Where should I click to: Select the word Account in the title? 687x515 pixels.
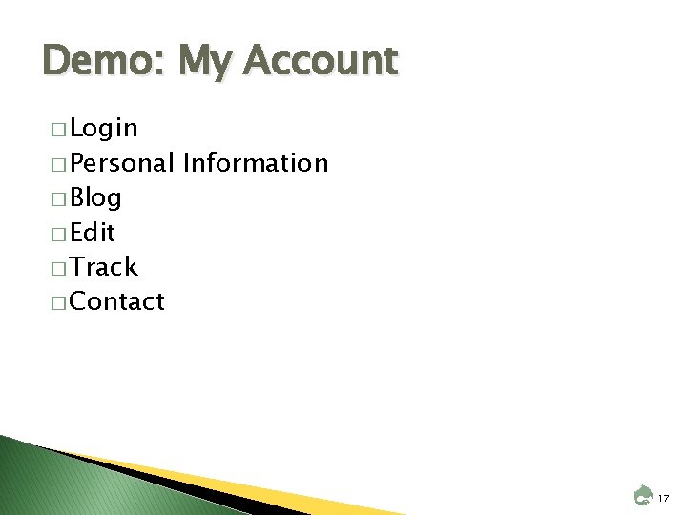320,62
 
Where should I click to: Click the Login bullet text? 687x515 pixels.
104,129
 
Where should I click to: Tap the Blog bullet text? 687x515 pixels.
95,198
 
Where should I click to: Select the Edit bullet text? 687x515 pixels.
93,233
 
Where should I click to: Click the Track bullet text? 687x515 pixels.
103,267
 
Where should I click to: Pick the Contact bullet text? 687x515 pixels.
117,302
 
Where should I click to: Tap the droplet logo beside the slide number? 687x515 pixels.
641,495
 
